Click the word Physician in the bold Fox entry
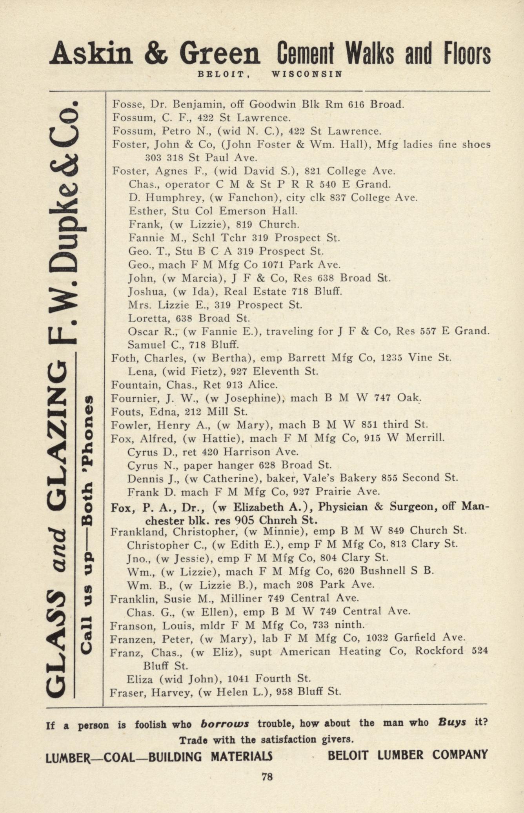pyautogui.click(x=343, y=507)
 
